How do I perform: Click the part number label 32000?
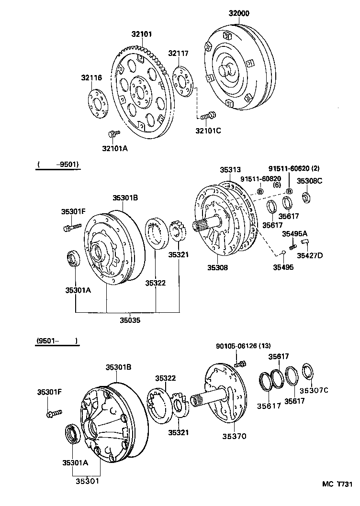[x=239, y=14]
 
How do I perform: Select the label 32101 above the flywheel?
[x=142, y=34]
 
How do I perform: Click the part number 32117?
[x=178, y=53]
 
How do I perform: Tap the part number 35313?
[x=230, y=170]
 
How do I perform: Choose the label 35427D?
[x=310, y=255]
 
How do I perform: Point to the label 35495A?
[x=294, y=234]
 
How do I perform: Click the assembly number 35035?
[x=130, y=321]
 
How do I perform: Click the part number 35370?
[x=234, y=436]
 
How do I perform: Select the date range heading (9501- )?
[x=56, y=341]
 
